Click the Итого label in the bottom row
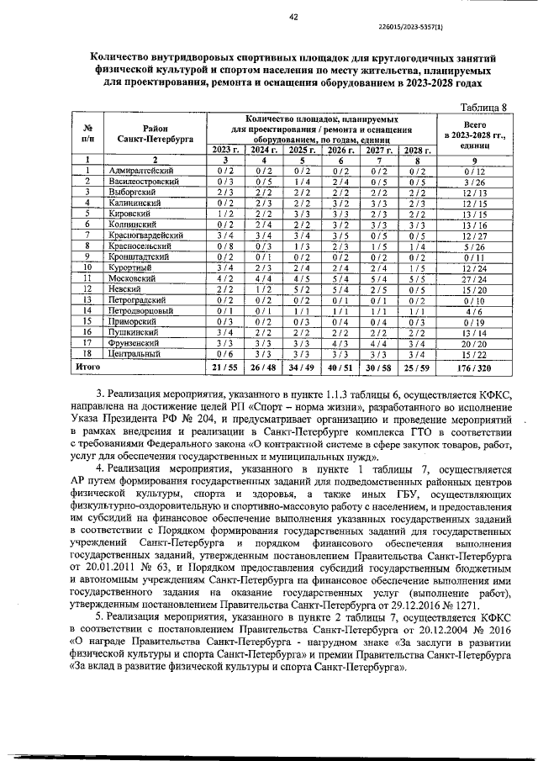[x=88, y=367]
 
